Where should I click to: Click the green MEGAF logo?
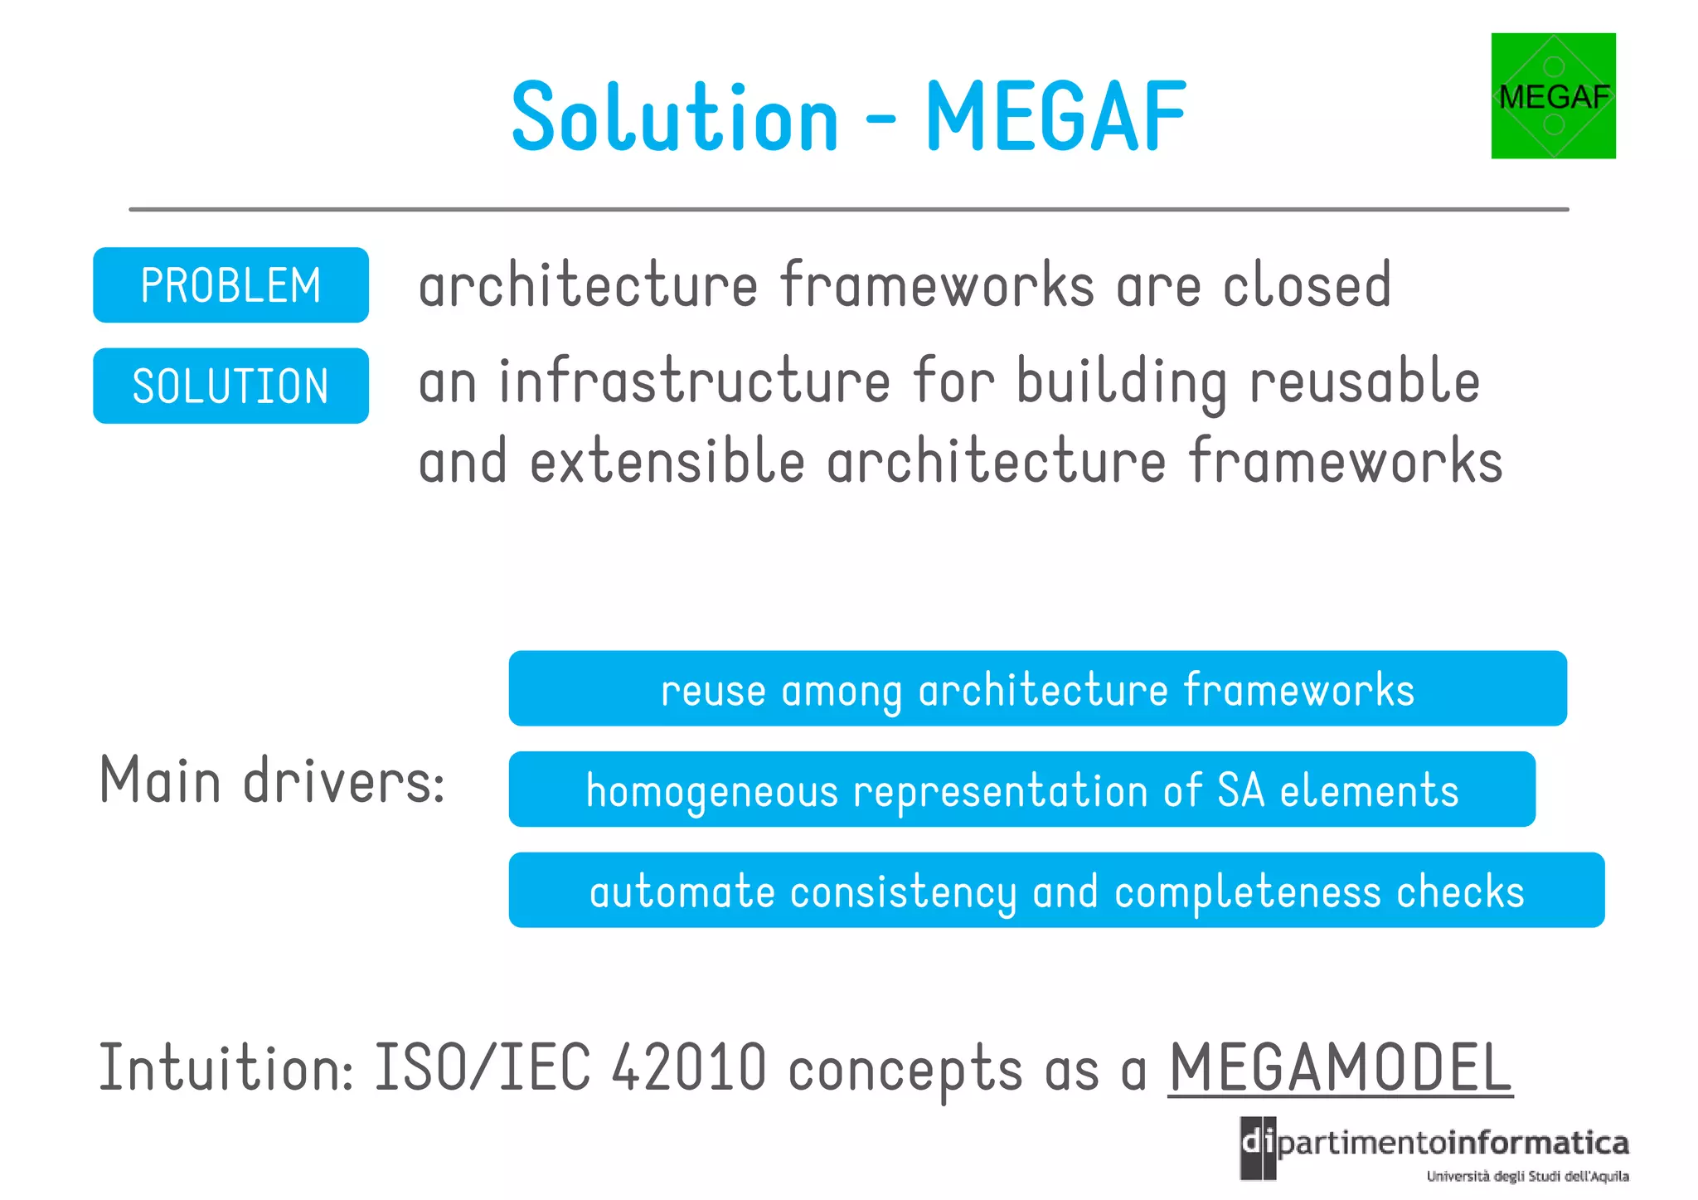(1553, 95)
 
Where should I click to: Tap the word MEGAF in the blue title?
(1055, 117)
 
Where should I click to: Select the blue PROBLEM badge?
(230, 285)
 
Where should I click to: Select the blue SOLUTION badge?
(230, 386)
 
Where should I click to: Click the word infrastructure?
(695, 382)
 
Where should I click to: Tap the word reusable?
(1364, 382)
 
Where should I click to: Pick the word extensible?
(667, 462)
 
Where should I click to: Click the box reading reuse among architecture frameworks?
(1037, 689)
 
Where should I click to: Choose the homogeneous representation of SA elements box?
(1021, 789)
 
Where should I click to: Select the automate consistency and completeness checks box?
(1056, 891)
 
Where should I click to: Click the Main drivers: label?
(272, 781)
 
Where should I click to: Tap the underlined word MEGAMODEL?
(1340, 1068)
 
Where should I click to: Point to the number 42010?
(689, 1068)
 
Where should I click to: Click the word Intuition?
(226, 1068)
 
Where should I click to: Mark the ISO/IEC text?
(483, 1068)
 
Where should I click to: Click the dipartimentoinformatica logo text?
(1434, 1144)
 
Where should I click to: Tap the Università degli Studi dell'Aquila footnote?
(1527, 1176)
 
